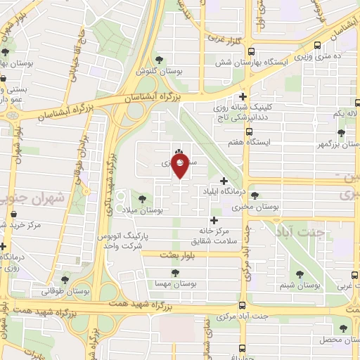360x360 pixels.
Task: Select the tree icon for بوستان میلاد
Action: (x=143, y=199)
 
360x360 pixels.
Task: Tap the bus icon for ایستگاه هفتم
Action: (x=249, y=131)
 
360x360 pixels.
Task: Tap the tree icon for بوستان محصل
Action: (x=344, y=328)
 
